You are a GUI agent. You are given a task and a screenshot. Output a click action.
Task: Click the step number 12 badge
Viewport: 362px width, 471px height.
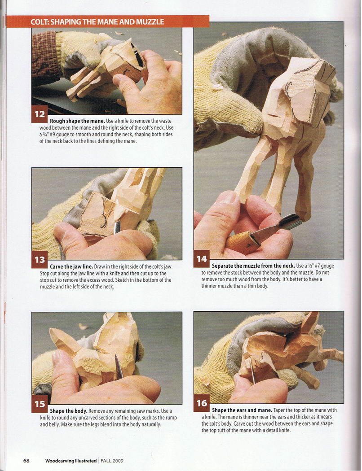[40, 114]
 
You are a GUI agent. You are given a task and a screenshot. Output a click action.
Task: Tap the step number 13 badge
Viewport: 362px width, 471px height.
[40, 259]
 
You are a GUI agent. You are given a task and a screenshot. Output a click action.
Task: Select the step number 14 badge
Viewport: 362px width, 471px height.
[202, 259]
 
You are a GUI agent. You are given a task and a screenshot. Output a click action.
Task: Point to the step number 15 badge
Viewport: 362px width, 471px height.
[40, 404]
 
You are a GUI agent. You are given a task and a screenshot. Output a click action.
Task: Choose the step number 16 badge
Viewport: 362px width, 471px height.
[202, 403]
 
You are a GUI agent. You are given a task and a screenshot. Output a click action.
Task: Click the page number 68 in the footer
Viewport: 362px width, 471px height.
[26, 461]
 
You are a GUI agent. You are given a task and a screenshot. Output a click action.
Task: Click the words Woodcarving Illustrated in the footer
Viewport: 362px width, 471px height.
[71, 461]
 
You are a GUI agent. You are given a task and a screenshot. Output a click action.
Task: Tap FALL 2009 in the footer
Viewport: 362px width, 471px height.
[112, 461]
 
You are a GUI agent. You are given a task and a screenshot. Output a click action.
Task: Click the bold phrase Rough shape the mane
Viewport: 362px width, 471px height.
[77, 121]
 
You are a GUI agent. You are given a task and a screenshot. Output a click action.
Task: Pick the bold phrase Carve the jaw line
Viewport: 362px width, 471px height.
[71, 266]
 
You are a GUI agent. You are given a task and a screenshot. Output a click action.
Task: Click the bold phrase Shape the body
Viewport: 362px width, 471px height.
[69, 411]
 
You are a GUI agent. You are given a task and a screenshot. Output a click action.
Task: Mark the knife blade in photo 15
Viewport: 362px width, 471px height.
[119, 367]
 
